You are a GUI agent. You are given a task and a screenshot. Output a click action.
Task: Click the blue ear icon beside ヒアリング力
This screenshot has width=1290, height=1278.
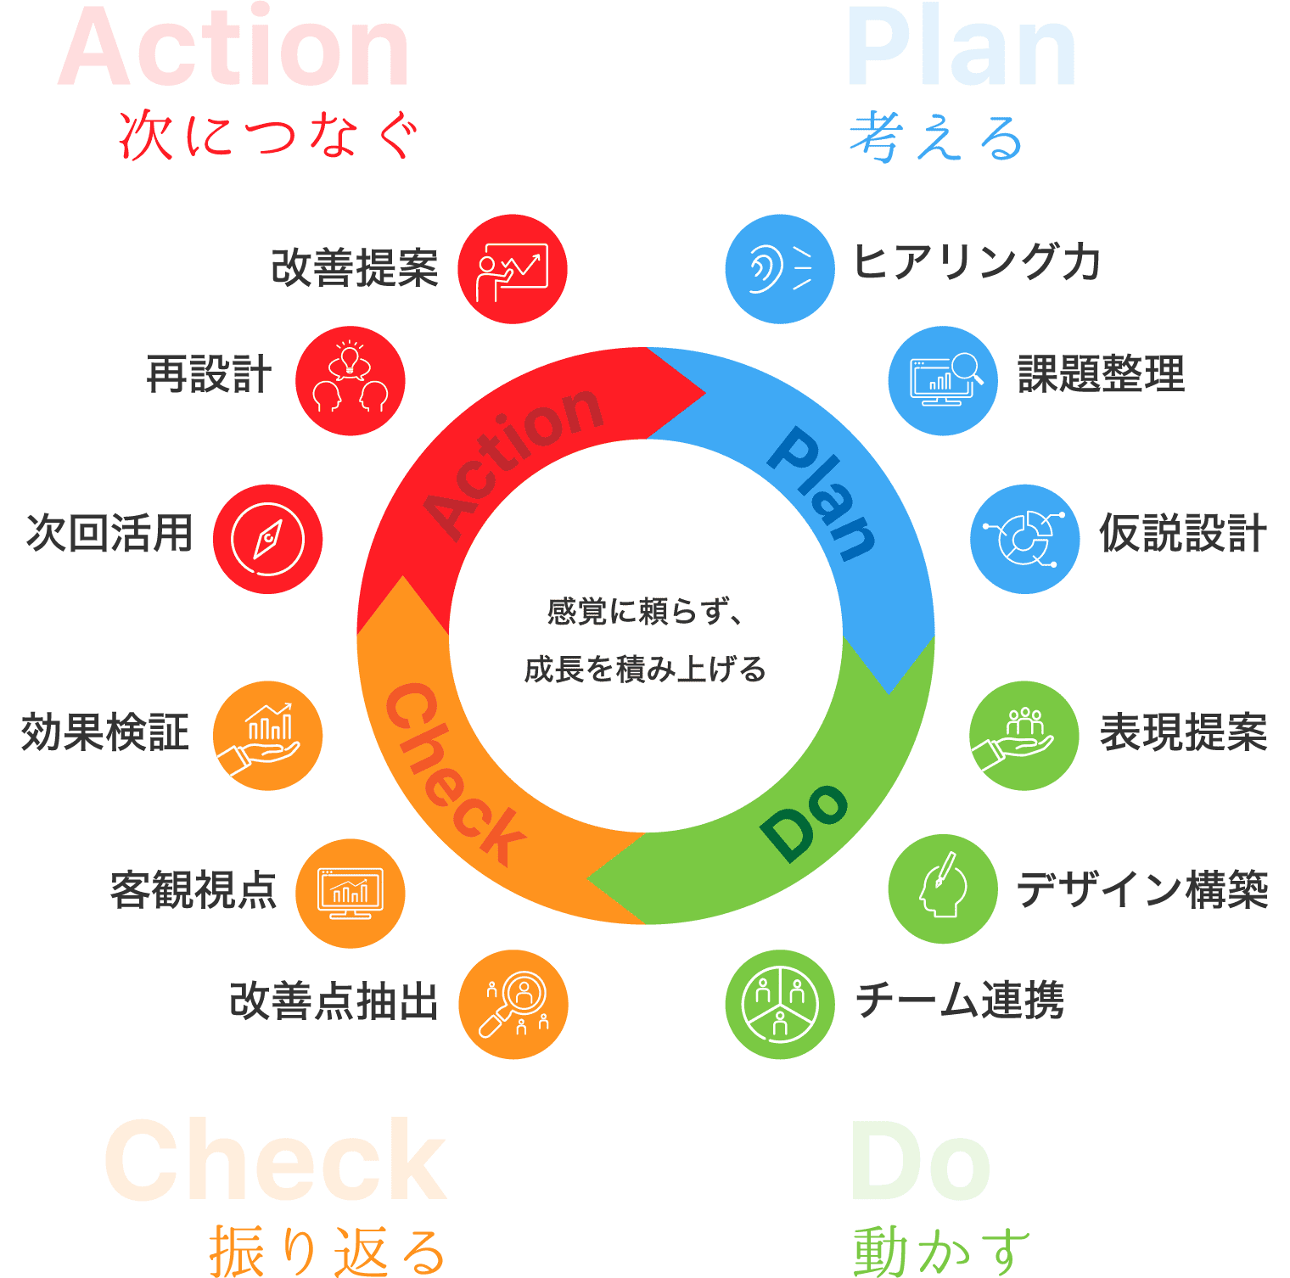(780, 269)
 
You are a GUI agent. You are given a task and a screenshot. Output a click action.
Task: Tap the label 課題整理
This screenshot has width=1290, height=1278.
(1101, 374)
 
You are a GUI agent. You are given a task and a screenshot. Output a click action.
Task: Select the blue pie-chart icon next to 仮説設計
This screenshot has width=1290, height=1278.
(1024, 539)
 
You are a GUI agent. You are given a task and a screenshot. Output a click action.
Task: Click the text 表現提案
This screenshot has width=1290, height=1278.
(1183, 732)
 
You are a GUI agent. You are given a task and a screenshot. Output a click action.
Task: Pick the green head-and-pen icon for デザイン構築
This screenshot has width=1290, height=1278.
(943, 889)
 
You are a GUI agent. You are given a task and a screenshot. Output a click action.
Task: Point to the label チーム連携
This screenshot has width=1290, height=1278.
(960, 1000)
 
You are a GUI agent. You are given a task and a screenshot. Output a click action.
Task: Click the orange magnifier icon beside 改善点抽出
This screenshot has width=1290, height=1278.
(513, 1004)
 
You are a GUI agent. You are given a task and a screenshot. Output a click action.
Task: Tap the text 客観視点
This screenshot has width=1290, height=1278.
(193, 890)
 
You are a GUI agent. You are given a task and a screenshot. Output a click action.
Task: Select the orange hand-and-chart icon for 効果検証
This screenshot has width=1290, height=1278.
(267, 736)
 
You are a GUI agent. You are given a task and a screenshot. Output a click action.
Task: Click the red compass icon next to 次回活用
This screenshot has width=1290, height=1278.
(267, 539)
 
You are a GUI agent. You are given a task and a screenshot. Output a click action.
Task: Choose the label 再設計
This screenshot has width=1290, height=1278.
(209, 374)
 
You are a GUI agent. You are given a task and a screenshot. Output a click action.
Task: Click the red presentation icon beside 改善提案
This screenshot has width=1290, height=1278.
(513, 269)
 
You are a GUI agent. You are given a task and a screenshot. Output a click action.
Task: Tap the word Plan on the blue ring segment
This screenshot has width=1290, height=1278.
(822, 493)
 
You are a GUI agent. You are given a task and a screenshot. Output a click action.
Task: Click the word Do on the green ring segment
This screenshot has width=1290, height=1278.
(804, 821)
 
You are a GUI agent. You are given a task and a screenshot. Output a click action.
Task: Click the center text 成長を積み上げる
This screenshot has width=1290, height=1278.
(645, 670)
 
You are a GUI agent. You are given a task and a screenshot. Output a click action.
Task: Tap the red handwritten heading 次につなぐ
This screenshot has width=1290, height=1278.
(269, 136)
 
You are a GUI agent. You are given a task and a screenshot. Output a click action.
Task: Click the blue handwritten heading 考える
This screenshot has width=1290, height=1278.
(935, 137)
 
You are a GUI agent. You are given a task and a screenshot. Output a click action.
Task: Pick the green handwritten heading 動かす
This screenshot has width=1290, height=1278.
(941, 1251)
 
